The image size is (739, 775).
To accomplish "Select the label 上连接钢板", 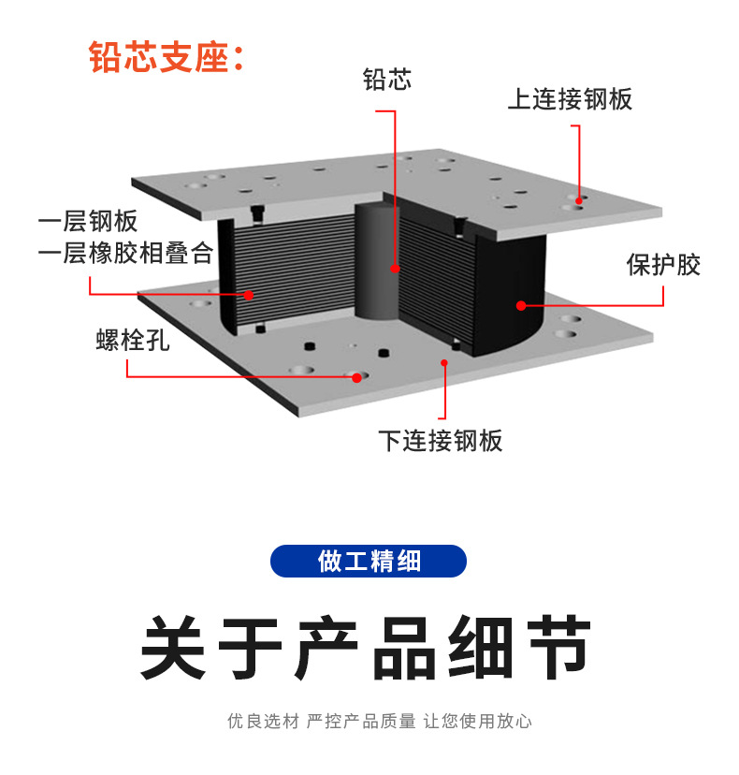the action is tap(570, 99).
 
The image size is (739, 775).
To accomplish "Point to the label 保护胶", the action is tap(662, 265).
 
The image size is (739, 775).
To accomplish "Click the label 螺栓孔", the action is tap(133, 339).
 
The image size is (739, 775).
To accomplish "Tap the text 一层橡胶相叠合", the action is tap(125, 253).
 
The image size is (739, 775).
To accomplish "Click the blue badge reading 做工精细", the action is tap(369, 561).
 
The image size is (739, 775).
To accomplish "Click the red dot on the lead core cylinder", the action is tap(395, 269).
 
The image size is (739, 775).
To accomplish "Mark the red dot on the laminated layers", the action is tap(249, 295).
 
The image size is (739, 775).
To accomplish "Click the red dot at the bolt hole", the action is tap(355, 377).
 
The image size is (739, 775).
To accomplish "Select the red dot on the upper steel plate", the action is tap(580, 198).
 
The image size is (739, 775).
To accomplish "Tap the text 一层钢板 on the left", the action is tap(88, 222).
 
